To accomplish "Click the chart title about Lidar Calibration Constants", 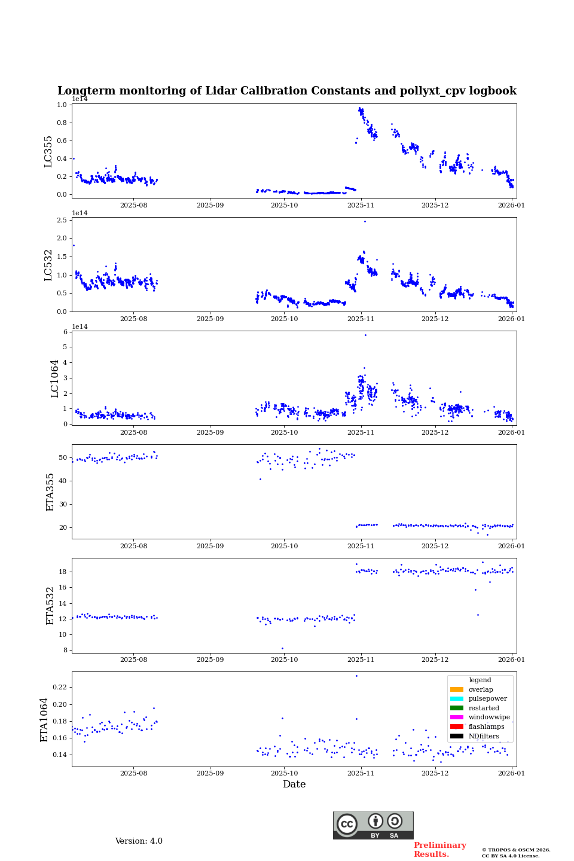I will click(x=286, y=91).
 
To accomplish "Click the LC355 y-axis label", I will click(x=48, y=151).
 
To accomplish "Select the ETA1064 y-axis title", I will click(x=44, y=719).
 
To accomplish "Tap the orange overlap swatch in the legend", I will click(x=457, y=689).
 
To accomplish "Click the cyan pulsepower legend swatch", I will click(x=457, y=698).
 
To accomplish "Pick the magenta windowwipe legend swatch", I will click(x=457, y=717).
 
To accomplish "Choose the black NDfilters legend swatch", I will click(x=457, y=736).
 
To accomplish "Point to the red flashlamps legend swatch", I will click(x=457, y=726).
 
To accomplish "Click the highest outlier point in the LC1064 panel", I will click(x=365, y=335).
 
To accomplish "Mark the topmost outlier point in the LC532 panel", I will click(x=365, y=221).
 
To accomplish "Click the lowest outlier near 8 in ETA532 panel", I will click(x=282, y=648).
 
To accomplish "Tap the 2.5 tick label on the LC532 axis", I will click(x=62, y=220).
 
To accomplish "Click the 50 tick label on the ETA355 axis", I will click(x=63, y=457).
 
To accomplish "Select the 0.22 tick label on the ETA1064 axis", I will click(x=59, y=688).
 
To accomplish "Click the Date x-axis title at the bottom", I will click(x=294, y=784).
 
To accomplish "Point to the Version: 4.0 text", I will click(x=139, y=841).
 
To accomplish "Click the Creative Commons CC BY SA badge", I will click(x=373, y=825).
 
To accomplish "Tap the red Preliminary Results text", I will click(x=439, y=850).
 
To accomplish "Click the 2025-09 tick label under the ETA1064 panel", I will click(x=210, y=773).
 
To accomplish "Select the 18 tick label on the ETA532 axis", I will click(x=63, y=572).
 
